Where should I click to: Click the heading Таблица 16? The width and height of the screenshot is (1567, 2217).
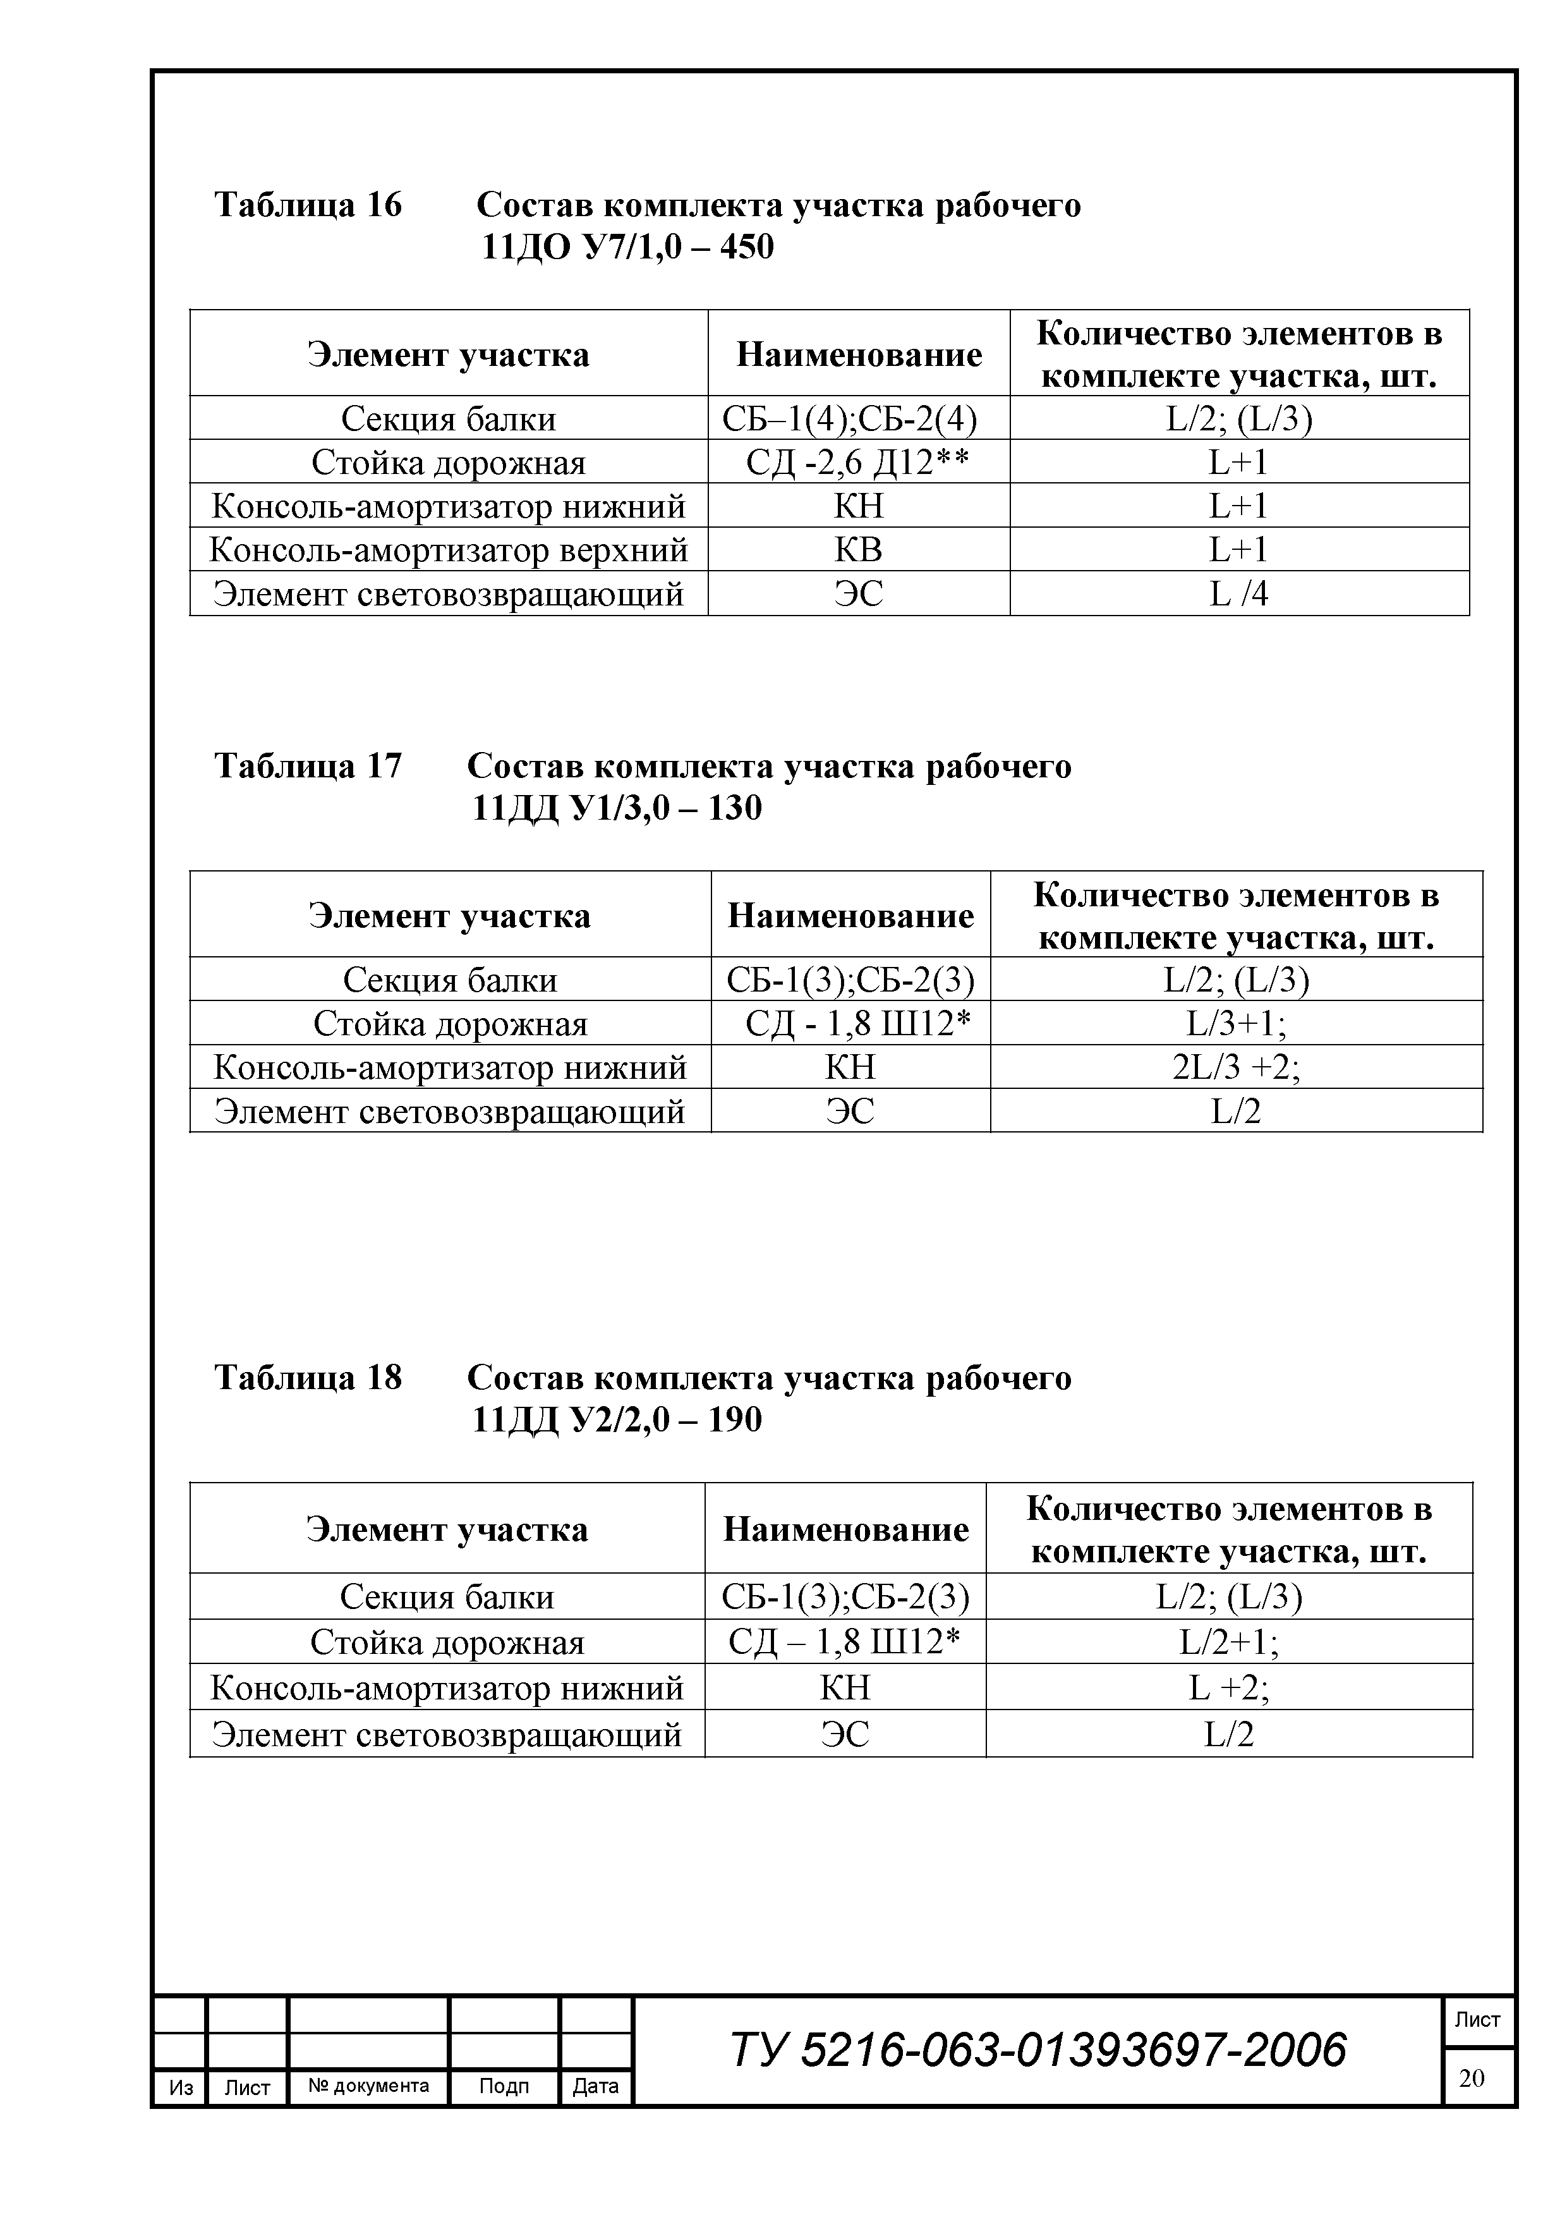pos(307,205)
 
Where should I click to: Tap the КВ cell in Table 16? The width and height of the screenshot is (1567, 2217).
pos(857,549)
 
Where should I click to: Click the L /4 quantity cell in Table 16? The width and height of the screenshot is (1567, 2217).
pos(1238,593)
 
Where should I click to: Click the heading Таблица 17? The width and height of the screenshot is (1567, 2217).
pos(307,766)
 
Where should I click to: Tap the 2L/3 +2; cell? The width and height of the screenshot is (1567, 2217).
pos(1236,1067)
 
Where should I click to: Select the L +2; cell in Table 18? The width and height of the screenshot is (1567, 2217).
pos(1229,1687)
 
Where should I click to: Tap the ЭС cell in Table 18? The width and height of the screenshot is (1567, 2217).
pos(845,1734)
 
